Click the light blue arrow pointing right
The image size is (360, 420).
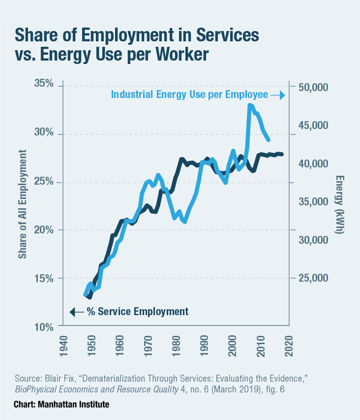tap(279, 95)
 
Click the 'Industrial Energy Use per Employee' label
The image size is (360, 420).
tap(189, 94)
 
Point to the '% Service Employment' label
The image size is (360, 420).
tap(137, 312)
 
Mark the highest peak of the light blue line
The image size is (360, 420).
tap(250, 105)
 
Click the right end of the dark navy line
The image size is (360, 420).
tap(282, 155)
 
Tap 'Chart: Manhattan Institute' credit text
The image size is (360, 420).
tap(61, 404)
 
